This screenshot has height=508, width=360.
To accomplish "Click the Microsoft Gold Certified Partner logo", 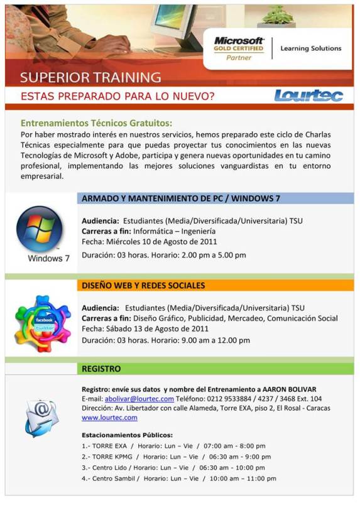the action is click(239, 48).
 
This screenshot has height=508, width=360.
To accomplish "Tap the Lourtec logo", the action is click(308, 95).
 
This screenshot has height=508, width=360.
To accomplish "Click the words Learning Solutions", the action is click(311, 48).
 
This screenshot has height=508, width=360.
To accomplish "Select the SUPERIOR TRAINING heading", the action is click(90, 78).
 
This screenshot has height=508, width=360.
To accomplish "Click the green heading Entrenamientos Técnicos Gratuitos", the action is click(96, 123).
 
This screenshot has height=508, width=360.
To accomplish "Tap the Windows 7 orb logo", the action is click(40, 229).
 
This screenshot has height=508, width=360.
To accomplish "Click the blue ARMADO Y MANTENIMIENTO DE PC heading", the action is click(181, 198).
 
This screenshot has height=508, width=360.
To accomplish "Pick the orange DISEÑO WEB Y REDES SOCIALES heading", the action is click(143, 286).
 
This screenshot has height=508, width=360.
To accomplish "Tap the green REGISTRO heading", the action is click(102, 369).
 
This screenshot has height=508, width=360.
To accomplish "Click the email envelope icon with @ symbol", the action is click(41, 416).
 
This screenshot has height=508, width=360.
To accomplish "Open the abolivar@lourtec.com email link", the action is click(139, 399).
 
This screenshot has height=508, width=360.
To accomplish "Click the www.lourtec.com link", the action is click(110, 418).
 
